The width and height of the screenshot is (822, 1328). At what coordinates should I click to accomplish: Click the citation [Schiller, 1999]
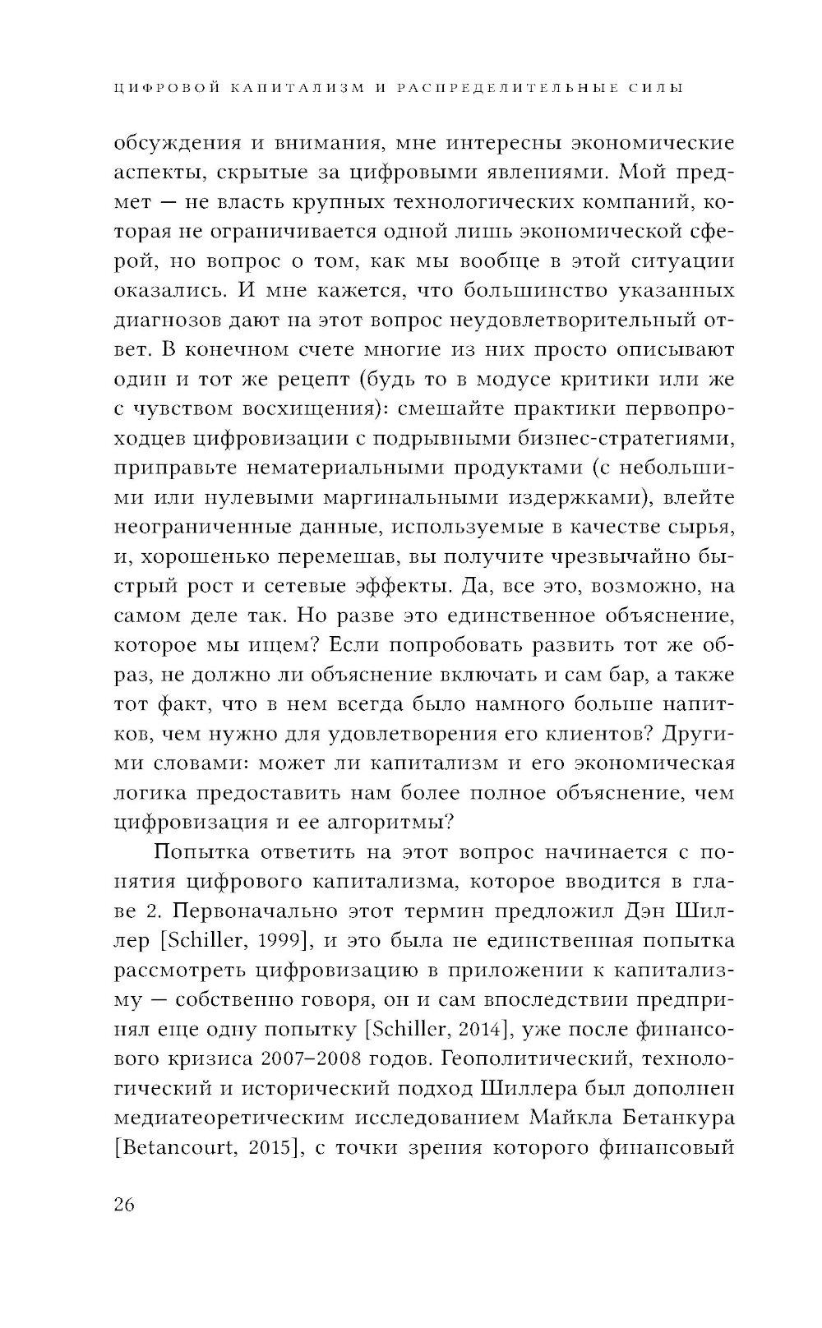coord(209,941)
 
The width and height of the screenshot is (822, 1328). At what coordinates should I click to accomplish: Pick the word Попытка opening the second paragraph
coord(205,853)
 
